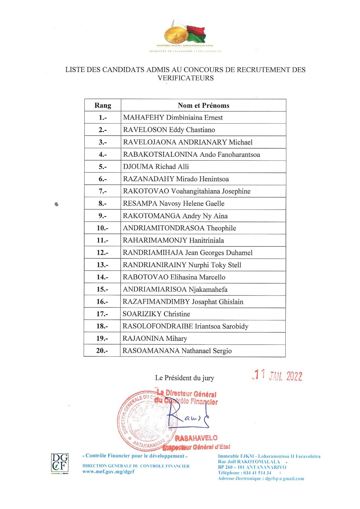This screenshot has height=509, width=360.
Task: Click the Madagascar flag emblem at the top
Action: (185, 33)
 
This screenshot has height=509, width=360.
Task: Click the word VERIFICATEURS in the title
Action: (185, 78)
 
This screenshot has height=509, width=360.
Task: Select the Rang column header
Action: (103, 106)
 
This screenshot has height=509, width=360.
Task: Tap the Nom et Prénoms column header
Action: (203, 106)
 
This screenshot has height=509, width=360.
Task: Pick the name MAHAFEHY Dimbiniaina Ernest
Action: (173, 118)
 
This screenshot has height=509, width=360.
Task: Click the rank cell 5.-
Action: (103, 167)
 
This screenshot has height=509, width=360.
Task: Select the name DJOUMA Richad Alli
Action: (156, 167)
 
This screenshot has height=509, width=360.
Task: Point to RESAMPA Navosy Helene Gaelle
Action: (174, 204)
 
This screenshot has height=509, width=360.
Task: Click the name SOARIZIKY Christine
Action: (156, 314)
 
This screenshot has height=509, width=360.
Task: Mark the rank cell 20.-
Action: (102, 351)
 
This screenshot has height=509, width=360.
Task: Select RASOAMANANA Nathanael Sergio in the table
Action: (177, 351)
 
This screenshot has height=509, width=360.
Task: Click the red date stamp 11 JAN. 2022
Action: (277, 376)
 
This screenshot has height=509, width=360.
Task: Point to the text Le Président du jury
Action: (184, 378)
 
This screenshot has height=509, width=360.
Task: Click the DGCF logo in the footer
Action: (60, 463)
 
